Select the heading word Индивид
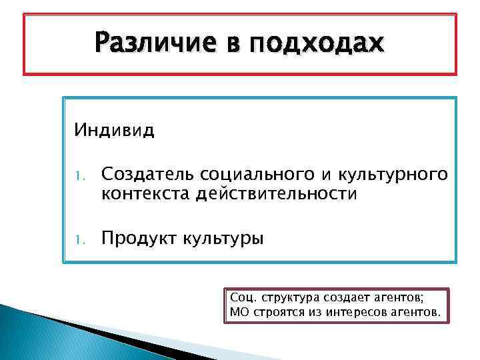(114, 129)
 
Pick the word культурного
(393, 174)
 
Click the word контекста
(145, 194)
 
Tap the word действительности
(277, 194)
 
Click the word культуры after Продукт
(223, 238)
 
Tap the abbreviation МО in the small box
(238, 311)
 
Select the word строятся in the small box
(276, 311)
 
